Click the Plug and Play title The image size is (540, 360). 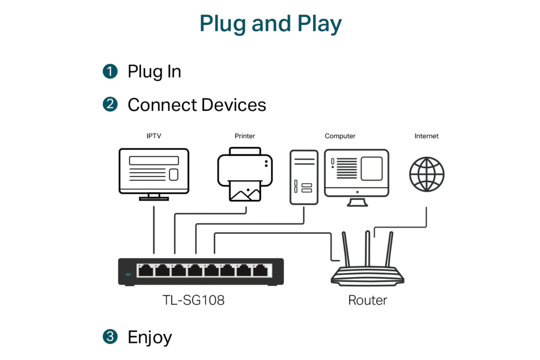coord(270,23)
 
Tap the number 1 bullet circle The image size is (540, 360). coord(110,72)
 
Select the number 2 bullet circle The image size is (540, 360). coord(110,105)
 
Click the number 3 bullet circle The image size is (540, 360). coord(110,337)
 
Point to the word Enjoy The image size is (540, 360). coord(150,337)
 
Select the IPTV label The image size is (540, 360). coord(153,136)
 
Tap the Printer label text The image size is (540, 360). coord(245,136)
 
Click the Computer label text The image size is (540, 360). coord(340,136)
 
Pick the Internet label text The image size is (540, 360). coord(426,136)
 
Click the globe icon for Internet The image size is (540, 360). coord(427,174)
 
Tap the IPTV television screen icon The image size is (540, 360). coord(154,171)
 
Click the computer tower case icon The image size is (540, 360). coord(304,176)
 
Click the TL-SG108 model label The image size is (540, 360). coord(193,300)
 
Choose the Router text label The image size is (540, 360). coord(368,300)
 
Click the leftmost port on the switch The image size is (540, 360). coord(146,270)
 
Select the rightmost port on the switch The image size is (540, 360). coord(261,270)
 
